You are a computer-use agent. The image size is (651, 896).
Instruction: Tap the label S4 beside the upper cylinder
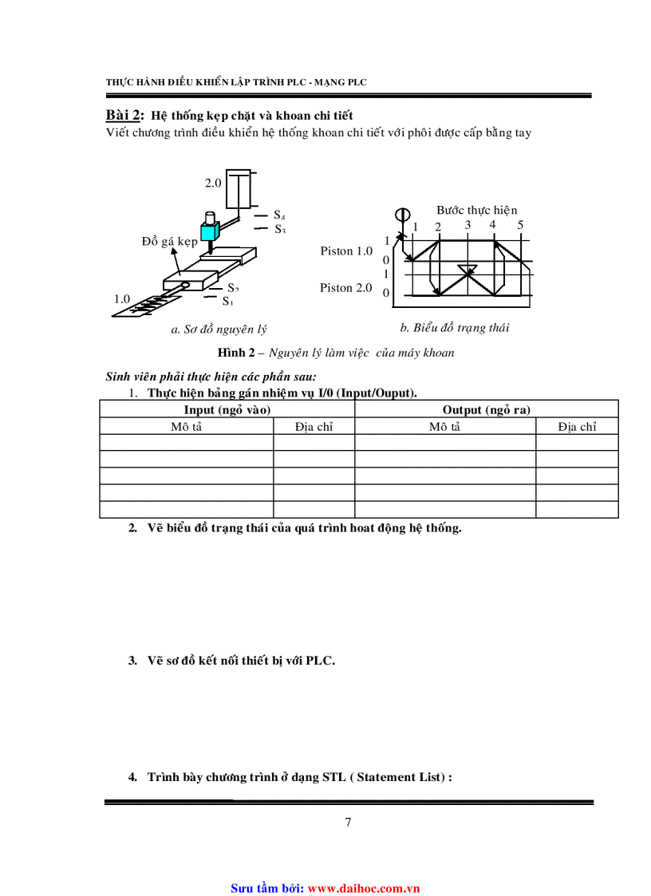pos(279,215)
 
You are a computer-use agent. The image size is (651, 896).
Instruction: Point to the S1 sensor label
pos(227,301)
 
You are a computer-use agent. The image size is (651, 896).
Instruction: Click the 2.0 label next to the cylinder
pos(212,183)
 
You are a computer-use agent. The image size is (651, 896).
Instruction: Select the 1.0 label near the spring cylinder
pos(121,298)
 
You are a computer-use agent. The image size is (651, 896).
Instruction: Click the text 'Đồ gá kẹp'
pos(169,240)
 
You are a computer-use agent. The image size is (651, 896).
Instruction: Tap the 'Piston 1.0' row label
pos(346,251)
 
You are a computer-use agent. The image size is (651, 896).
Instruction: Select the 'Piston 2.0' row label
pos(346,287)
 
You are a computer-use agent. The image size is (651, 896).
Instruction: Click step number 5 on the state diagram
pos(520,225)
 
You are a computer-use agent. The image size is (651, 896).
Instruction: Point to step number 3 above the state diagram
pos(468,225)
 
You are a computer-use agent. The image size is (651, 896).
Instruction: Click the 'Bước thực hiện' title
pos(476,210)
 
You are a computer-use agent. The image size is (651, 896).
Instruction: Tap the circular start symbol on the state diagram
pos(401,214)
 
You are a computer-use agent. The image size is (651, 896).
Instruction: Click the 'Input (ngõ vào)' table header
pos(227,409)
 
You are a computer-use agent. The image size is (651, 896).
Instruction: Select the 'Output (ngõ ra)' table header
pos(487,409)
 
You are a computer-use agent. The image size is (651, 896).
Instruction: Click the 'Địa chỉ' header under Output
pos(577,427)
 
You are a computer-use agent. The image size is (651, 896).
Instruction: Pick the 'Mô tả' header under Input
pos(186,427)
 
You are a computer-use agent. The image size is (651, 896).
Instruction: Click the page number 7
pos(348,823)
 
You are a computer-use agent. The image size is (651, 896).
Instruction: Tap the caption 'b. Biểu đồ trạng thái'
pos(454,327)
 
